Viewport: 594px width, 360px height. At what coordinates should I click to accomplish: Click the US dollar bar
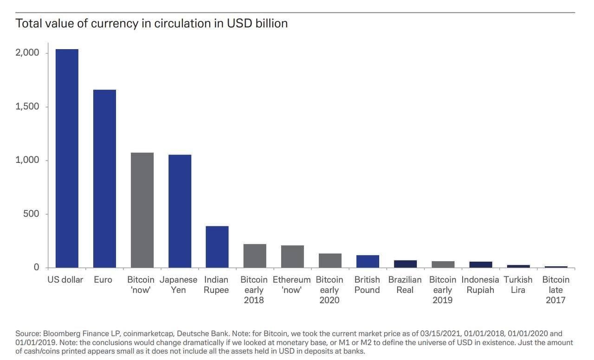(67, 158)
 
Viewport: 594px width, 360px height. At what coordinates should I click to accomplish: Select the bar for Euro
(104, 178)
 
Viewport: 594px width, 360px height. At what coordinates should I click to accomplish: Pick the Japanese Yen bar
(180, 211)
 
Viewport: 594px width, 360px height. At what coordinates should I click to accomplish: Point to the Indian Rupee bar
(217, 246)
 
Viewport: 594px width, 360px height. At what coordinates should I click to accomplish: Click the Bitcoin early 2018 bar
(255, 256)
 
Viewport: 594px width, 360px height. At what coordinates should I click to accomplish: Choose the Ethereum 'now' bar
(292, 256)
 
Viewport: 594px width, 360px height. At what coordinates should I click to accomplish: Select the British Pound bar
(368, 261)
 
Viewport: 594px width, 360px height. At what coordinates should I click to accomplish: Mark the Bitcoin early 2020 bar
(330, 260)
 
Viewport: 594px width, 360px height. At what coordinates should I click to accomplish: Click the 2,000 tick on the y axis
(27, 53)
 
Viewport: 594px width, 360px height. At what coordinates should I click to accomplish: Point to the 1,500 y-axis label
(27, 107)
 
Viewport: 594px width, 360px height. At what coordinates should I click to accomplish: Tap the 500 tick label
(31, 214)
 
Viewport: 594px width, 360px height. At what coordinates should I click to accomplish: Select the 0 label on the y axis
(36, 267)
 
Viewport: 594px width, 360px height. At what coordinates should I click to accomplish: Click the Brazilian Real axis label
(405, 285)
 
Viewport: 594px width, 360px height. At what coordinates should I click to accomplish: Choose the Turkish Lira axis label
(518, 285)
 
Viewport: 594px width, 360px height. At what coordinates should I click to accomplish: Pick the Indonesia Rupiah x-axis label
(480, 285)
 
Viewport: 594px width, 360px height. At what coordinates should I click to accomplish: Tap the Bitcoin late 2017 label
(555, 290)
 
